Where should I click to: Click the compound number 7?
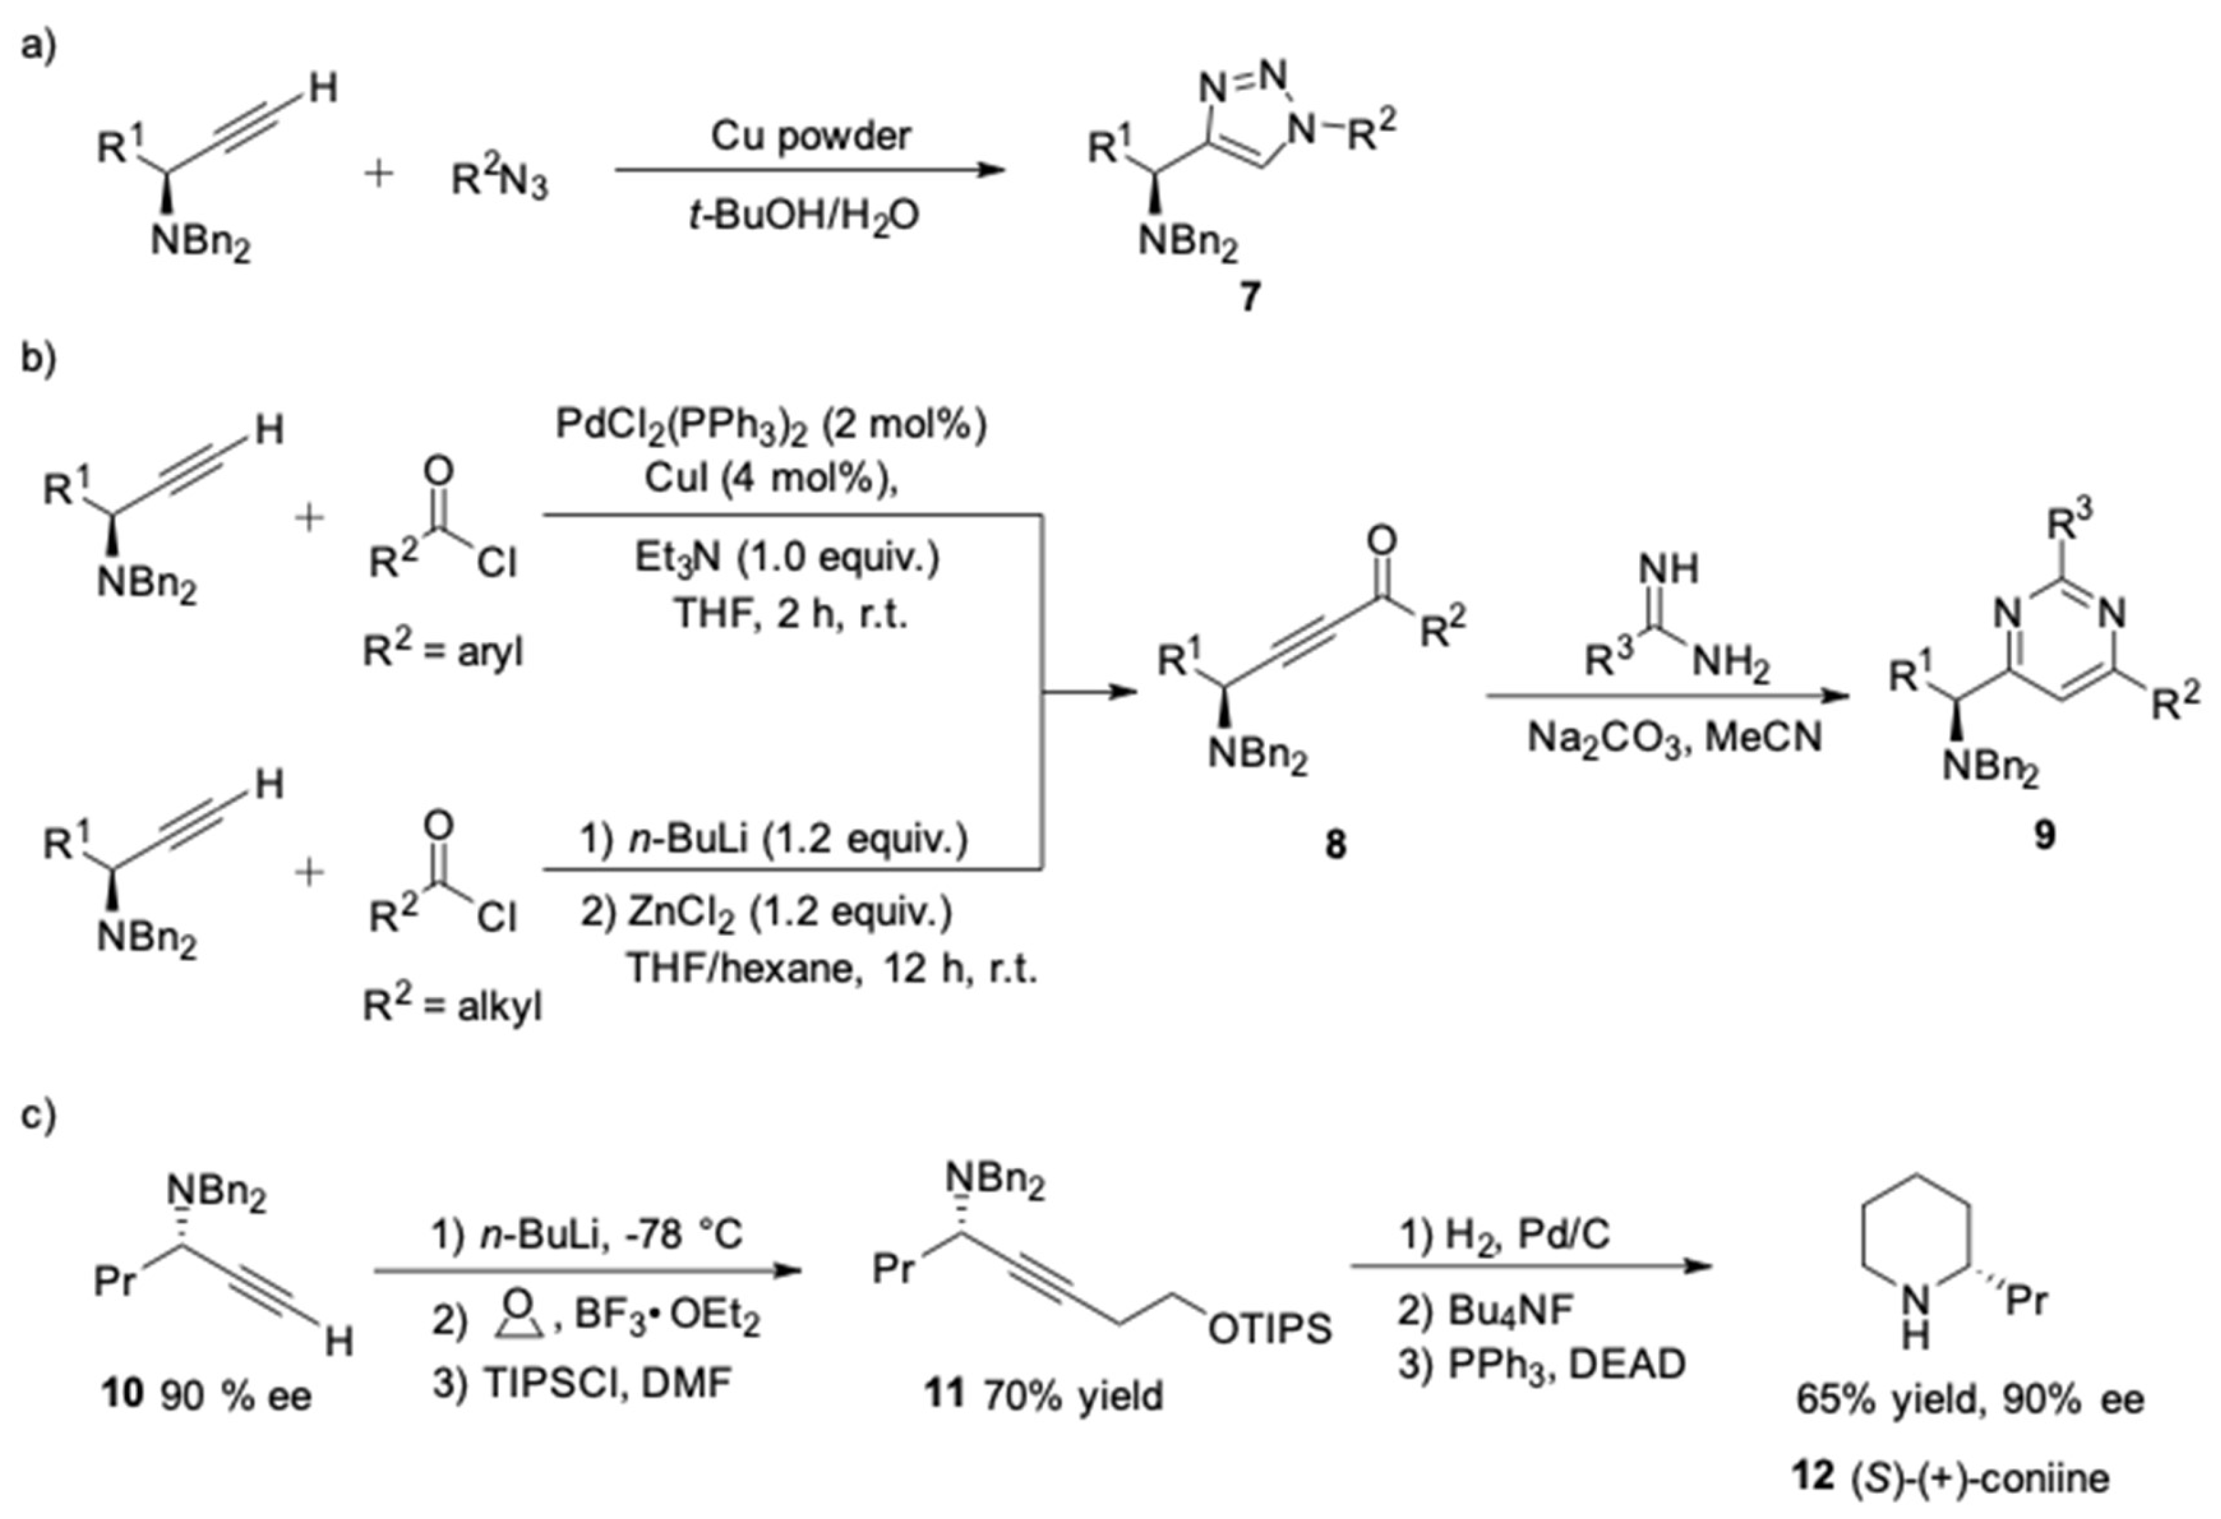(x=1250, y=298)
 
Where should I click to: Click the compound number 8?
(x=1335, y=844)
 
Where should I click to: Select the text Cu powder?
(x=811, y=136)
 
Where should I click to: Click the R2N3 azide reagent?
(x=499, y=179)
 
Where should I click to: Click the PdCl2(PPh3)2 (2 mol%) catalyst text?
(x=771, y=425)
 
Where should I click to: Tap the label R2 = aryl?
(x=443, y=652)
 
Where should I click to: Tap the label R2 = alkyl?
(x=451, y=1006)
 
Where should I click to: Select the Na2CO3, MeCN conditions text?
(x=1674, y=738)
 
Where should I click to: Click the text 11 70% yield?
(x=1043, y=1395)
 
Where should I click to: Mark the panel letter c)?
(x=38, y=1115)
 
